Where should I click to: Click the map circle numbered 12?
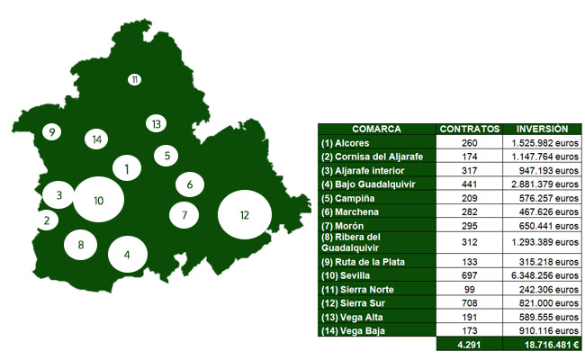pyautogui.click(x=245, y=214)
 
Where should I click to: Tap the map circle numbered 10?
pyautogui.click(x=99, y=199)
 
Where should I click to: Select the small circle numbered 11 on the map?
pyautogui.click(x=134, y=80)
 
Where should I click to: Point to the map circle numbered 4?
pyautogui.click(x=127, y=254)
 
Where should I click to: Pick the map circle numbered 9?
pyautogui.click(x=52, y=132)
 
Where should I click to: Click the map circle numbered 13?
pyautogui.click(x=156, y=123)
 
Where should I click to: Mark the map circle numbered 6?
pyautogui.click(x=190, y=184)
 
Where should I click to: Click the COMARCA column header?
pyautogui.click(x=376, y=129)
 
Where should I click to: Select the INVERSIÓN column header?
pyautogui.click(x=543, y=129)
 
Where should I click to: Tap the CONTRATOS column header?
pyautogui.click(x=469, y=129)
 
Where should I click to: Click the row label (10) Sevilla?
pyautogui.click(x=353, y=276)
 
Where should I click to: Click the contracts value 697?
pyautogui.click(x=469, y=276)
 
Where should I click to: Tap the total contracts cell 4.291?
pyautogui.click(x=469, y=344)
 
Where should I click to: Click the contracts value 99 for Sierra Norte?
pyautogui.click(x=469, y=290)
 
